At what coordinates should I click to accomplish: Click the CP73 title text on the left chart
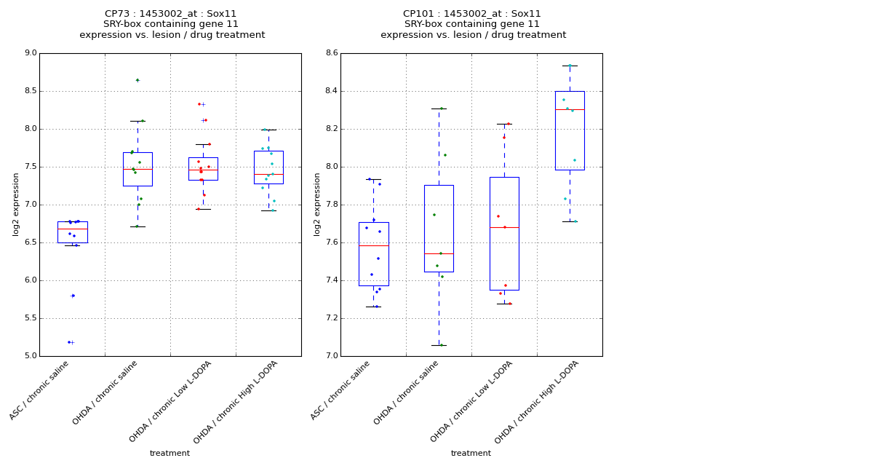point(171,14)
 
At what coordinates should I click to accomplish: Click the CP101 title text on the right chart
point(472,14)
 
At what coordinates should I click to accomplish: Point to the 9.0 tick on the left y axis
point(30,53)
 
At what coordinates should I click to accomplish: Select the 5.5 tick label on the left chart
point(30,318)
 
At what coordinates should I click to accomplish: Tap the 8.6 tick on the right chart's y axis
point(331,53)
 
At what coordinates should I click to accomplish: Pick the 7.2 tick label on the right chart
point(331,318)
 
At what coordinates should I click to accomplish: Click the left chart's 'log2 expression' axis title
point(16,205)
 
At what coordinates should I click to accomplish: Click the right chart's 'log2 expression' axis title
point(317,205)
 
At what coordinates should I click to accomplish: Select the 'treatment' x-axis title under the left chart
point(170,454)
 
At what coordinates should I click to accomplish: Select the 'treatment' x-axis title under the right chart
point(471,454)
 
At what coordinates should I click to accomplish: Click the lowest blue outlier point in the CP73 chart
point(69,342)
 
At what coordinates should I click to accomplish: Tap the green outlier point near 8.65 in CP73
point(137,80)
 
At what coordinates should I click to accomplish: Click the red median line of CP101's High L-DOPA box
point(570,109)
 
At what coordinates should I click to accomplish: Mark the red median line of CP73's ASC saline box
point(72,229)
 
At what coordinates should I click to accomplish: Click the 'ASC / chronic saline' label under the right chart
point(340,391)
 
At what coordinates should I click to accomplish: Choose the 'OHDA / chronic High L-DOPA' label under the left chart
point(236,403)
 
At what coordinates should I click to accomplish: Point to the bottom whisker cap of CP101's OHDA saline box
point(439,345)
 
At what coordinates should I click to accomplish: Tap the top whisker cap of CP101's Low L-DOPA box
point(504,124)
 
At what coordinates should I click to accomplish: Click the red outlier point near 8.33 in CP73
point(199,104)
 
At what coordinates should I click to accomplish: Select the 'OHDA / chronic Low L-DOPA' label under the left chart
point(170,402)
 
